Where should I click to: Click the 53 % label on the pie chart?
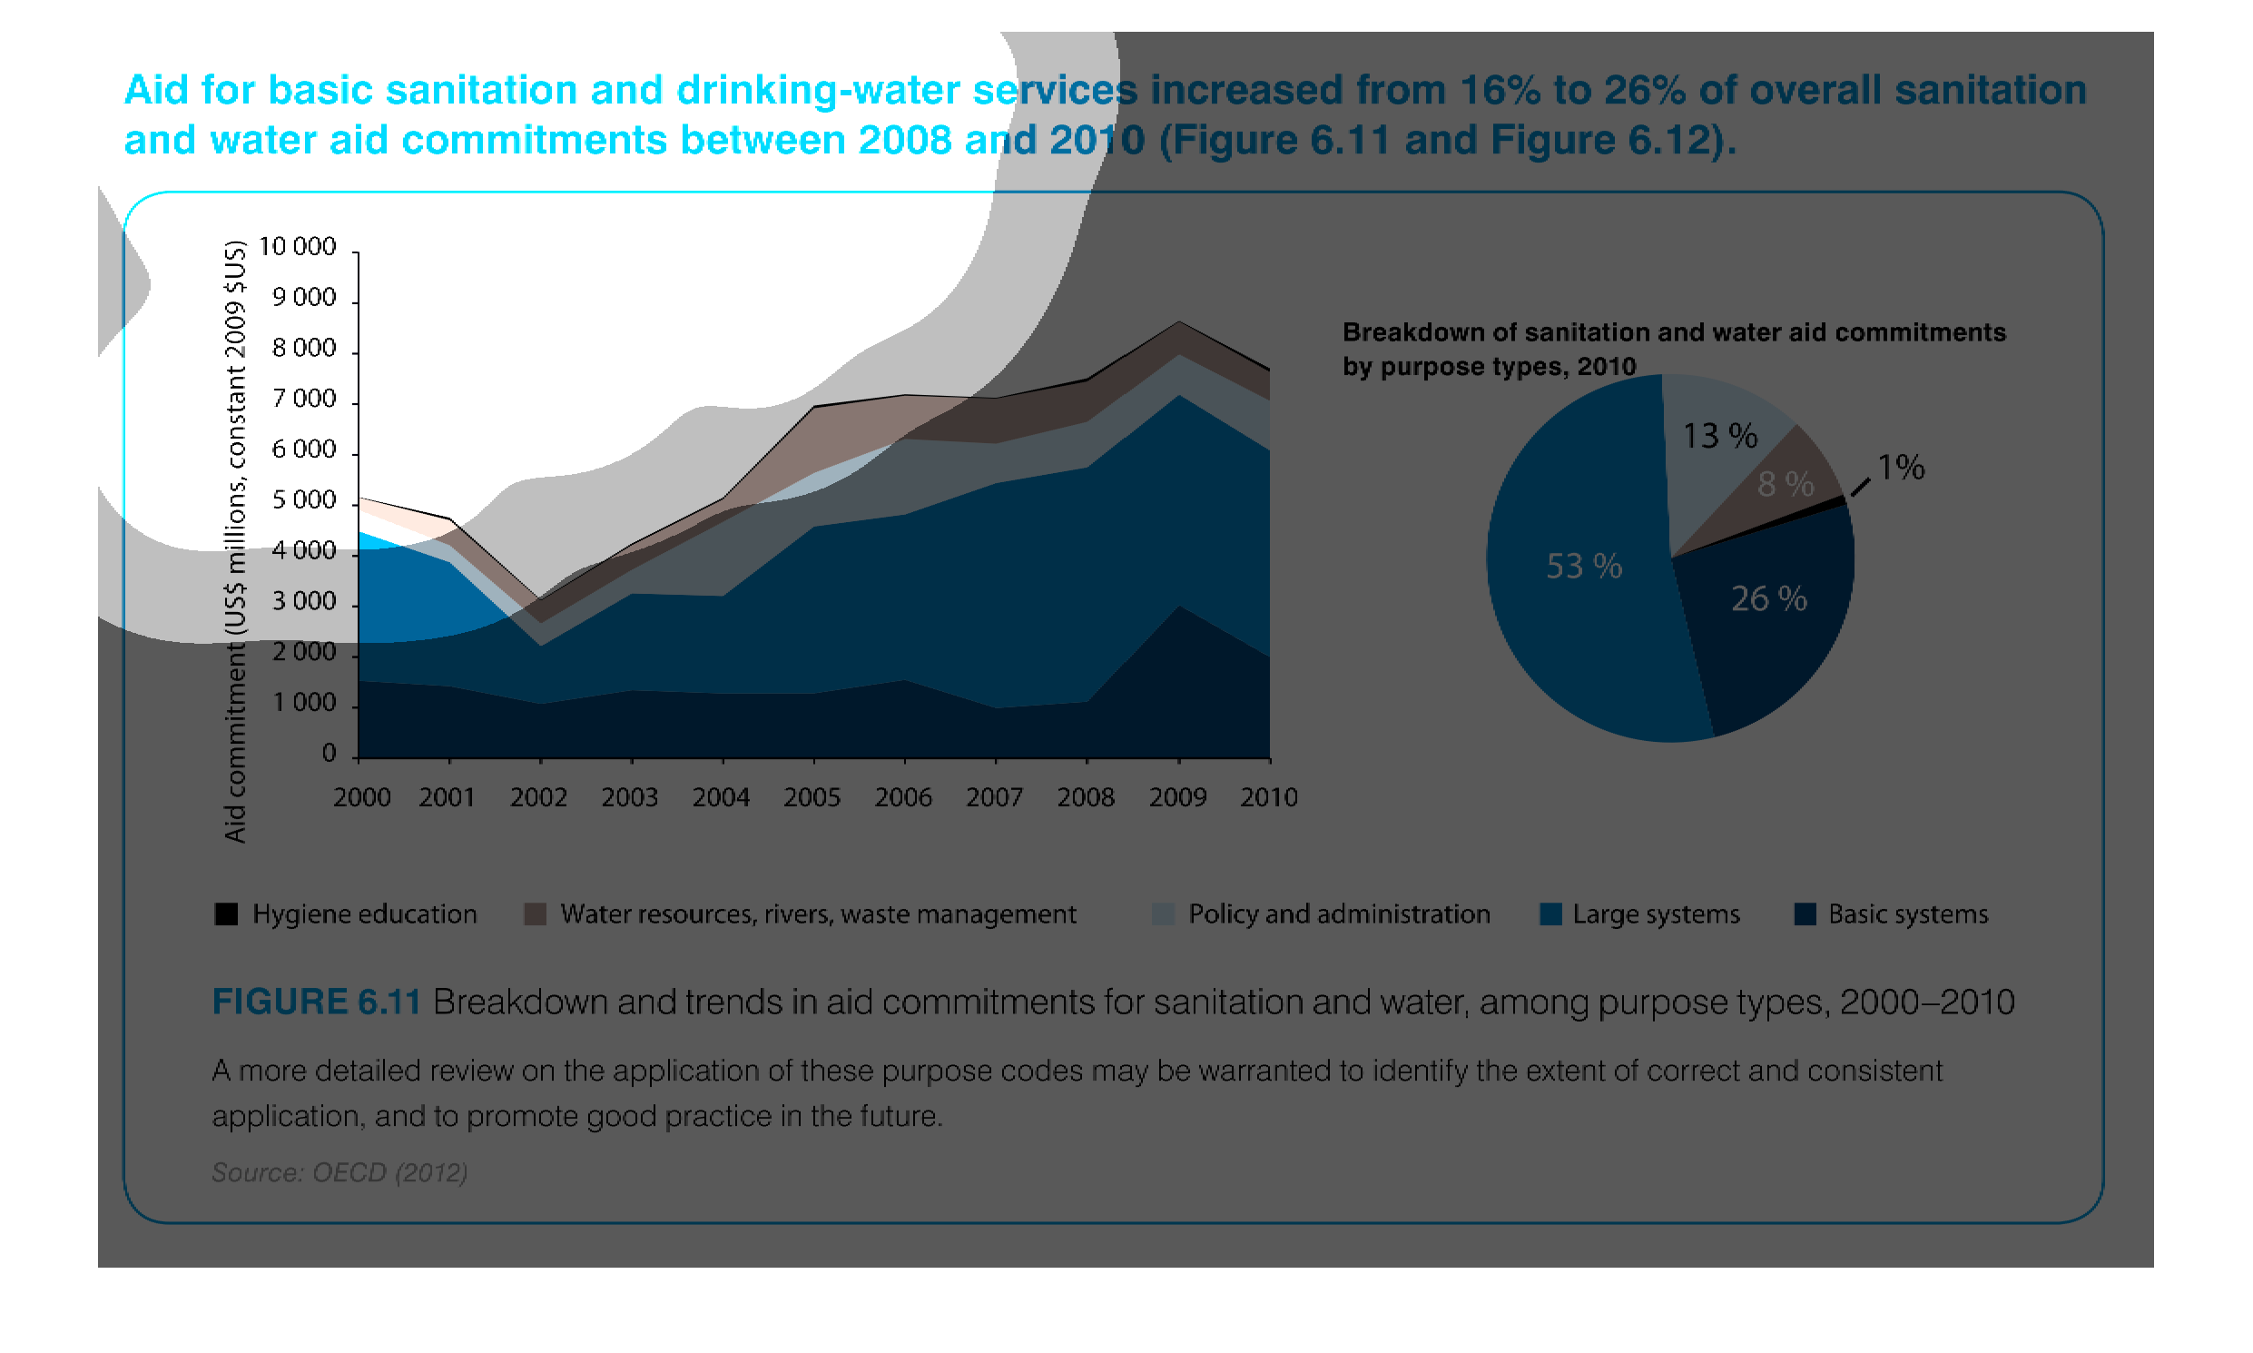1583,567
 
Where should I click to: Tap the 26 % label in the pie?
1767,599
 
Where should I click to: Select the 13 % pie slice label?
1718,436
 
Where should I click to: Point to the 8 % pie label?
1784,484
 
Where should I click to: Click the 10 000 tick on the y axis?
297,247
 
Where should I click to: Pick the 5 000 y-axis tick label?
303,500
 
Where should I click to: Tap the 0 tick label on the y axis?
328,754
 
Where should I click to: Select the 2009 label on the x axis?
1176,798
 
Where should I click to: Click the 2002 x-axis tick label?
537,798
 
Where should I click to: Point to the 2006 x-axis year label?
902,798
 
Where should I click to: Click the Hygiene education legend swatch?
226,914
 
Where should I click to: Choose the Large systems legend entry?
1655,914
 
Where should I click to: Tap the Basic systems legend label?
1906,914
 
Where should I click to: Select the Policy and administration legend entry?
1338,914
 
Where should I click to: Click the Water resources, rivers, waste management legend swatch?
535,914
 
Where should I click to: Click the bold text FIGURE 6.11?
316,1002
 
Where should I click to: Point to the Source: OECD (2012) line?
339,1172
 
